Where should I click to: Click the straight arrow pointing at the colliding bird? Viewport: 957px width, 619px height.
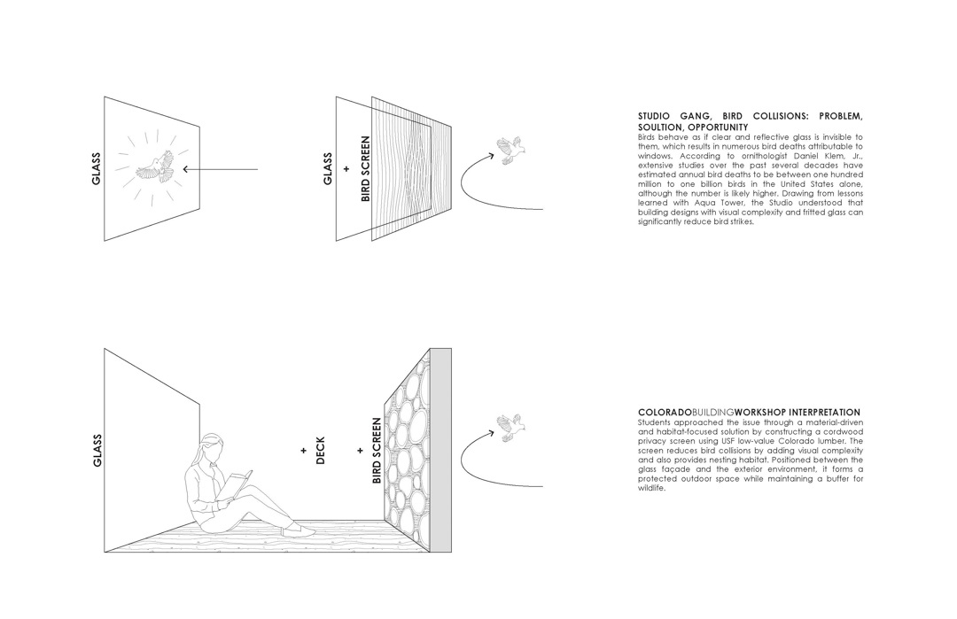(x=221, y=168)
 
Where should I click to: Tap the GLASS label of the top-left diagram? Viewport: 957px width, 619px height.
(x=96, y=168)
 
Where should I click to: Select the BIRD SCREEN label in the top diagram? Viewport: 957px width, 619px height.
(x=365, y=168)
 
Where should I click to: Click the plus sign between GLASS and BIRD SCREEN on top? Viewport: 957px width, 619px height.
(x=346, y=168)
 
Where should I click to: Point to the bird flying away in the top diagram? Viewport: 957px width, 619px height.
(x=510, y=150)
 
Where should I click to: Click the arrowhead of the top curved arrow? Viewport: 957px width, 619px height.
(x=490, y=157)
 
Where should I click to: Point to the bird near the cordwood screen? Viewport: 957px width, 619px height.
(x=510, y=426)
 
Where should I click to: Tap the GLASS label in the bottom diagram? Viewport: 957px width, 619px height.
(x=97, y=450)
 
